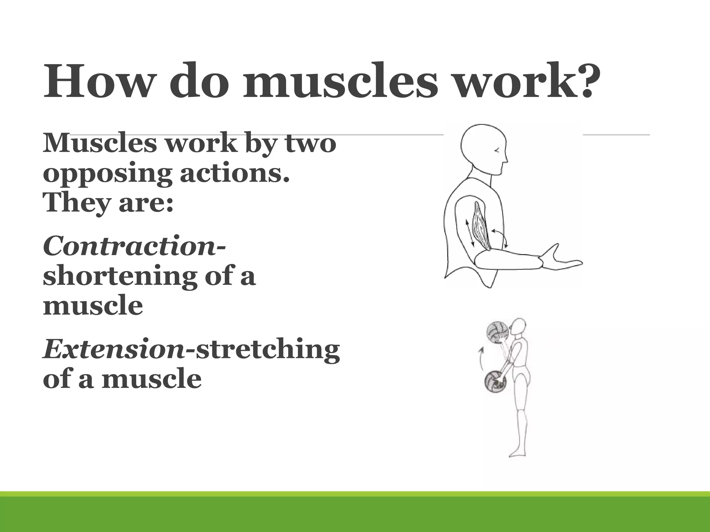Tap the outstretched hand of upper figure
point(562,260)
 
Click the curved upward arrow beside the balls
point(480,358)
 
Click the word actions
point(234,174)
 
